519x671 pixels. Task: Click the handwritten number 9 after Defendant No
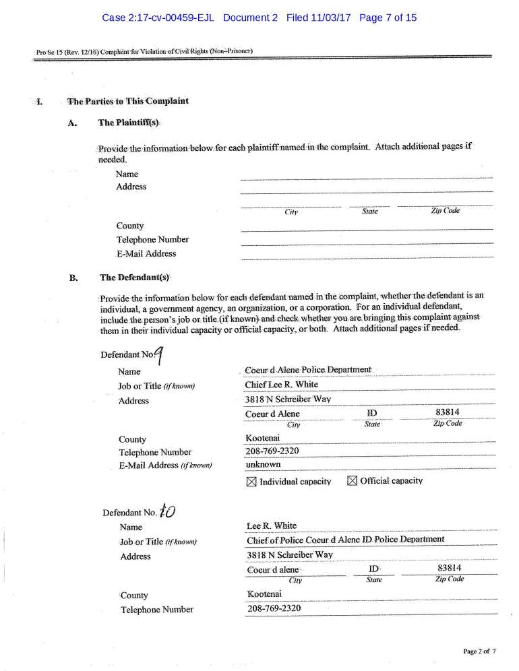pyautogui.click(x=159, y=354)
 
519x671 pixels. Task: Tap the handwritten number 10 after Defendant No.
pyautogui.click(x=167, y=511)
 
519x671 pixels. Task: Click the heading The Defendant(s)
pyautogui.click(x=134, y=278)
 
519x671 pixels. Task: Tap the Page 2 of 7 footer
pyautogui.click(x=479, y=651)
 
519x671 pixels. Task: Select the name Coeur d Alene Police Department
pyautogui.click(x=308, y=370)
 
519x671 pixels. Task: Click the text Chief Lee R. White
pyautogui.click(x=281, y=385)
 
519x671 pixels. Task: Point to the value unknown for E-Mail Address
pyautogui.click(x=264, y=465)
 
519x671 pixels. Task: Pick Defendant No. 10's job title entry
pyautogui.click(x=346, y=540)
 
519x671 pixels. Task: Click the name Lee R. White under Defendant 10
pyautogui.click(x=272, y=525)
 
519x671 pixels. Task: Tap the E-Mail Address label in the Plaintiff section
pyautogui.click(x=146, y=254)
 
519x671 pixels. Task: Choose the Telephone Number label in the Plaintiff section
pyautogui.click(x=152, y=239)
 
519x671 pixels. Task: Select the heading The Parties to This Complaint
pyautogui.click(x=128, y=102)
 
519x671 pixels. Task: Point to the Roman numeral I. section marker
pyautogui.click(x=39, y=102)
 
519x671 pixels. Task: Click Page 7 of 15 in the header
pyautogui.click(x=388, y=18)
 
